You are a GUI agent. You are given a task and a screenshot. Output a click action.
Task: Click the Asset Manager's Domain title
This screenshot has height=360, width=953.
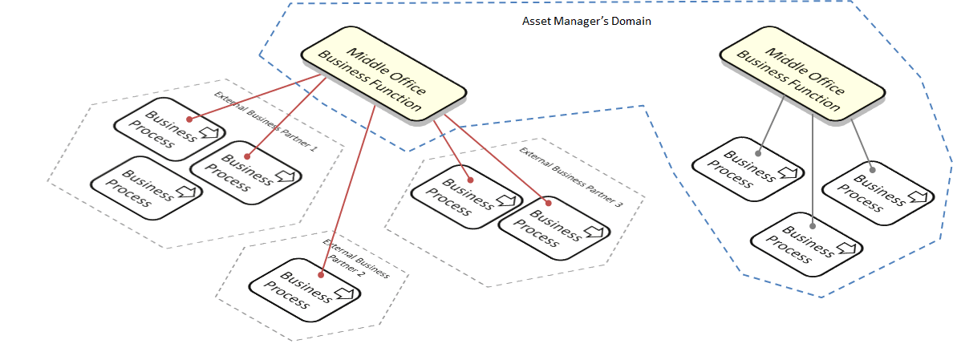[586, 22]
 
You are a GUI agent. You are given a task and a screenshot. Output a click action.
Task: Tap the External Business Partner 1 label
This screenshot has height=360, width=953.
[266, 121]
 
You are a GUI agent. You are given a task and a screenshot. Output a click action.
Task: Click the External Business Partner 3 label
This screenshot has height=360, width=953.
[571, 176]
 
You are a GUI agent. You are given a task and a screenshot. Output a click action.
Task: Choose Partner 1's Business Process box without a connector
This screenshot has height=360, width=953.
[147, 187]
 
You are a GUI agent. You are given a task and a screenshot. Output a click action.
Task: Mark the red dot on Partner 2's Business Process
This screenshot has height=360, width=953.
[319, 274]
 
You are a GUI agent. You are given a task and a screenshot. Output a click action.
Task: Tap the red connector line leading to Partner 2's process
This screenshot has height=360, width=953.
[347, 188]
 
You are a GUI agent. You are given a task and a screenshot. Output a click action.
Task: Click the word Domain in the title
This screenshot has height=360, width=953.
[633, 22]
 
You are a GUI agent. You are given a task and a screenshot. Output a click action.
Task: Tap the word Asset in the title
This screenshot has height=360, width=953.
[535, 22]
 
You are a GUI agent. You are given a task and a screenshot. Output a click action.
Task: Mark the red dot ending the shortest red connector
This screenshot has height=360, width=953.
[470, 180]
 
